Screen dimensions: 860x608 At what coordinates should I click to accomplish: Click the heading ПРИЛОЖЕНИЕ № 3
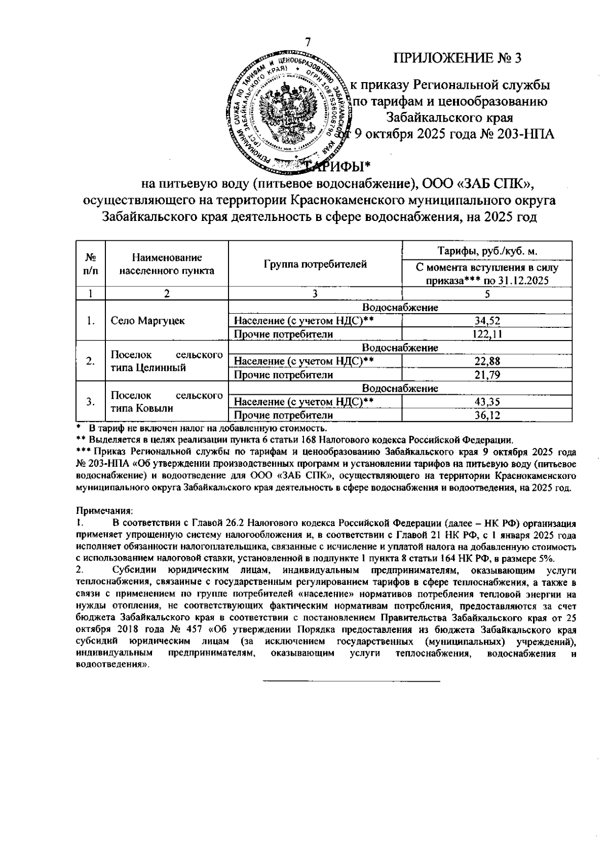(x=458, y=58)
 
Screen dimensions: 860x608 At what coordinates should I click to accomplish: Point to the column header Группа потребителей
(x=315, y=265)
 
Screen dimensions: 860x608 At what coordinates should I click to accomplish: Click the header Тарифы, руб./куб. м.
(x=487, y=251)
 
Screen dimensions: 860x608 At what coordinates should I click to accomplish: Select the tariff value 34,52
(x=487, y=321)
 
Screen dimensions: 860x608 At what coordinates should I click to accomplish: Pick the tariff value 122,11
(x=487, y=334)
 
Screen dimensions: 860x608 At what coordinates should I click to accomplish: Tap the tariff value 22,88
(x=487, y=361)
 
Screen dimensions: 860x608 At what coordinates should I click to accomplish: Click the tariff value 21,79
(x=487, y=375)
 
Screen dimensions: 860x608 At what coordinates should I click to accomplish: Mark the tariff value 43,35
(x=487, y=402)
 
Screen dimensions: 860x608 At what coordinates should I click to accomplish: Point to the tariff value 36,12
(x=487, y=416)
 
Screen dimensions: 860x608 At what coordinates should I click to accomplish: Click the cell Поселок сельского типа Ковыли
(x=167, y=402)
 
